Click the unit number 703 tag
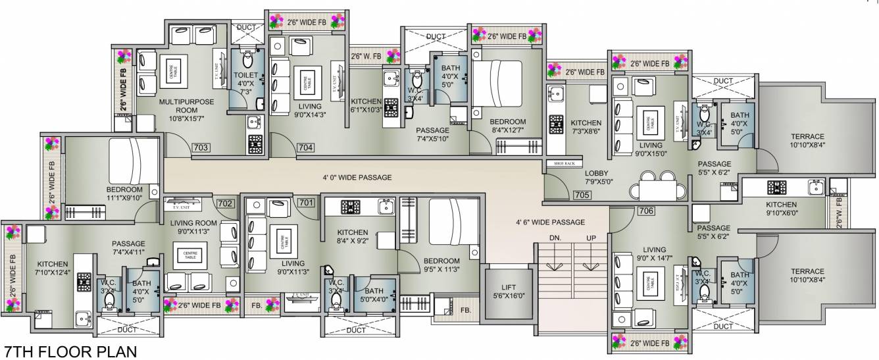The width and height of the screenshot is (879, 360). click(201, 148)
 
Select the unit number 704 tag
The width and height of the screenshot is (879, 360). click(305, 148)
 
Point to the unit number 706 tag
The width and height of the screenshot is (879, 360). click(628, 211)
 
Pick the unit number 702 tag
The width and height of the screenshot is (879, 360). click(225, 204)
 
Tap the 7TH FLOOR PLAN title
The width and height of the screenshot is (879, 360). click(70, 351)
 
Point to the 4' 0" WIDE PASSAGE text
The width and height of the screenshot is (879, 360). click(357, 178)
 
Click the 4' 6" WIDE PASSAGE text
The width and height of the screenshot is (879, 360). click(551, 222)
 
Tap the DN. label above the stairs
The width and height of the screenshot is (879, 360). click(555, 238)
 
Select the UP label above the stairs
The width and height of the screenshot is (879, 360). click(591, 238)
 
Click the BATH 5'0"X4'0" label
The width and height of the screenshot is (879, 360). click(374, 295)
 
